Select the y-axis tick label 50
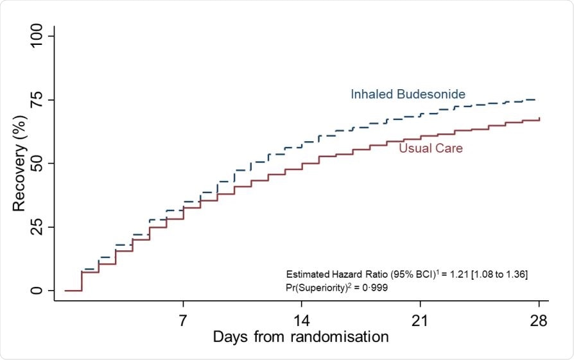click(x=40, y=163)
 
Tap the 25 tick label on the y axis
click(x=40, y=227)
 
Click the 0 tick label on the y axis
click(x=40, y=291)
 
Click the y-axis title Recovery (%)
click(x=19, y=163)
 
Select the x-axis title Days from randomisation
click(x=300, y=337)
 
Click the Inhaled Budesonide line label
click(x=408, y=94)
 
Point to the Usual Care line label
click(x=431, y=148)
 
